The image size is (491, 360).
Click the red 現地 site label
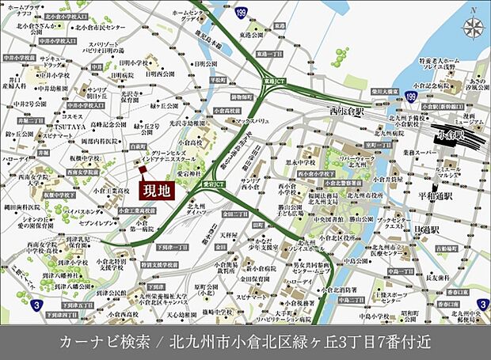tap(157, 191)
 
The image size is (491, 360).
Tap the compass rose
tap(473, 28)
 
